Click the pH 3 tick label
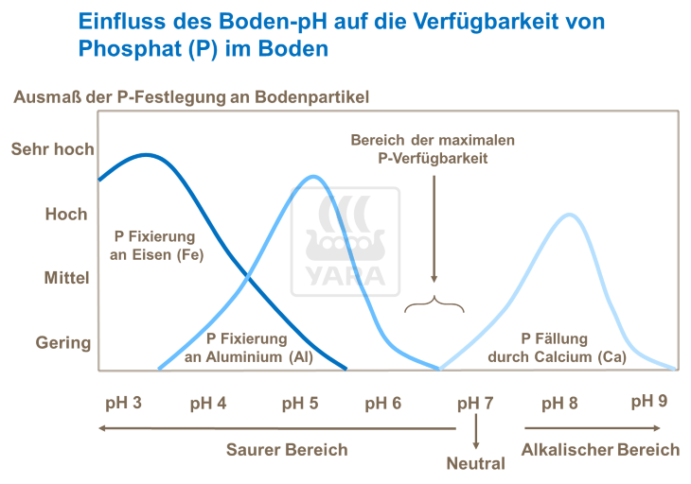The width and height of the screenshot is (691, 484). pos(123,403)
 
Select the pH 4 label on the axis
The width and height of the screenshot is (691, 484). pos(207,403)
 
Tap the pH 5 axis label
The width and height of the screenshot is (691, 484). pos(299,403)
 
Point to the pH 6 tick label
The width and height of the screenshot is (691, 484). pos(382,403)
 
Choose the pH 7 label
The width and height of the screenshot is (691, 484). pos(475,403)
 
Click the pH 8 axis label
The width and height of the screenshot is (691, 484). pos(559,403)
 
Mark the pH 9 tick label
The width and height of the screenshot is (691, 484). pos(649,401)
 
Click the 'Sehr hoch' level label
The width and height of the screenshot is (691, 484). pos(52,149)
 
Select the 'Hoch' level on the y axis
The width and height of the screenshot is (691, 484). pos(66,215)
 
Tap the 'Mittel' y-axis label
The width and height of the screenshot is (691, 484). pos(67,279)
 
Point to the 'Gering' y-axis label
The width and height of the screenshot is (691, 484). pos(63,342)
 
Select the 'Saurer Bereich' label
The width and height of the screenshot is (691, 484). pos(287,449)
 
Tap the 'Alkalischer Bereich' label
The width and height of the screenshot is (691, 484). pos(600,449)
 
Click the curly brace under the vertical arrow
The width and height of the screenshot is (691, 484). pos(434,304)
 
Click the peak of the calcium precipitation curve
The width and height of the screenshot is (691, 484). pos(568,215)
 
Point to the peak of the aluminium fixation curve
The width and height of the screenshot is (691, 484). pos(313,177)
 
